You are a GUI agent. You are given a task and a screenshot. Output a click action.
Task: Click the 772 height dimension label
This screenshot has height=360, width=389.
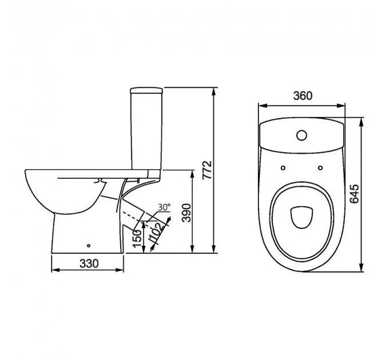click(207, 170)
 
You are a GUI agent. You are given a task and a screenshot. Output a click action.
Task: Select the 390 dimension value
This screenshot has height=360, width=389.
click(186, 213)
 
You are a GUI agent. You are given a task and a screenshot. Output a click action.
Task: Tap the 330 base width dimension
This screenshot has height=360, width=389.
click(89, 263)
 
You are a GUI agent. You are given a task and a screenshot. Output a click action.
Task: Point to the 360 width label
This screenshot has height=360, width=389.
click(303, 95)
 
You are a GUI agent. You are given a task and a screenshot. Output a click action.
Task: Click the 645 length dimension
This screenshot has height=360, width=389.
click(354, 194)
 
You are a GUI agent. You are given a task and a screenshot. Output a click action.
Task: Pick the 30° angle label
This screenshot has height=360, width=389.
click(164, 207)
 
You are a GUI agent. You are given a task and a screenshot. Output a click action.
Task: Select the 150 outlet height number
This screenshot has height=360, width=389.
click(137, 238)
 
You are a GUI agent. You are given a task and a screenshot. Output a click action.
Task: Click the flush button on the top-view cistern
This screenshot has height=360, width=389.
click(301, 135)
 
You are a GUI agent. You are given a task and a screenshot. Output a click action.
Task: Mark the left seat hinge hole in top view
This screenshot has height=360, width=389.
click(283, 168)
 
